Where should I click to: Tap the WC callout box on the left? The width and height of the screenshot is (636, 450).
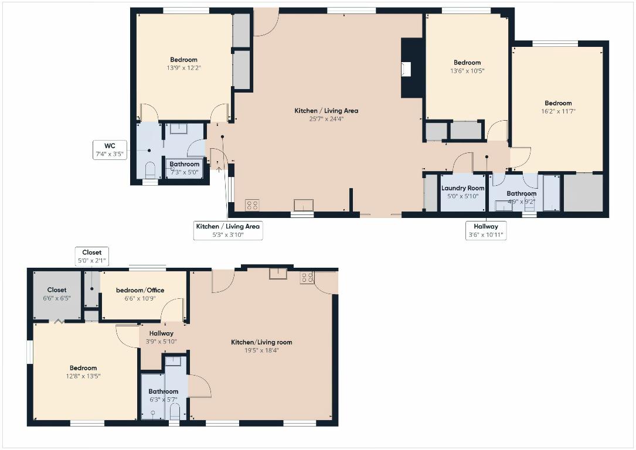(110, 150)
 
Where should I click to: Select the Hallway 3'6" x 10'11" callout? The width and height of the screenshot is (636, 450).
(486, 230)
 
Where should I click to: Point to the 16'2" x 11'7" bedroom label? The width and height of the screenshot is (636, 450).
(557, 107)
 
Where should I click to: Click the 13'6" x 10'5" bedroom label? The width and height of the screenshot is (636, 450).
(467, 67)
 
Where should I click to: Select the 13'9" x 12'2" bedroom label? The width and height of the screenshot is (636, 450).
(183, 64)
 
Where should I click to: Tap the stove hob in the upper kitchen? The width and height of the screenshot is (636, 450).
(252, 205)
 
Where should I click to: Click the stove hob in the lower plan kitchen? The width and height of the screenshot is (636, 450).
(307, 277)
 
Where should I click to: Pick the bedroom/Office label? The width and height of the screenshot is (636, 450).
(140, 294)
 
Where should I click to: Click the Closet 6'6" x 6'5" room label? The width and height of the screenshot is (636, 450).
(57, 294)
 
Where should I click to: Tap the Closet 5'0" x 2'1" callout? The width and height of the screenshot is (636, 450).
(91, 257)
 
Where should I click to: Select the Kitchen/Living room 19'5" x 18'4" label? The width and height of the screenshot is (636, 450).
(261, 346)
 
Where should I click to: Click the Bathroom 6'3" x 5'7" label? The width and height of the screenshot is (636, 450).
(163, 396)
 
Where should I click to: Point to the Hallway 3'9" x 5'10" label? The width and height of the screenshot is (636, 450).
(161, 337)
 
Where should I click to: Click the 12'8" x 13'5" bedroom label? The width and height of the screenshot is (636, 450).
(83, 372)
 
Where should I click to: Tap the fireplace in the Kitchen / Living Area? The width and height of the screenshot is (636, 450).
(406, 69)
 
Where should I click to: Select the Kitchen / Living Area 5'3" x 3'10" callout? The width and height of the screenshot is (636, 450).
(228, 230)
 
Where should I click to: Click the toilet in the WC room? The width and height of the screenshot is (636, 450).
(149, 170)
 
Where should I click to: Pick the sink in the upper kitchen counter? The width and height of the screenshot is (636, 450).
(303, 204)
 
